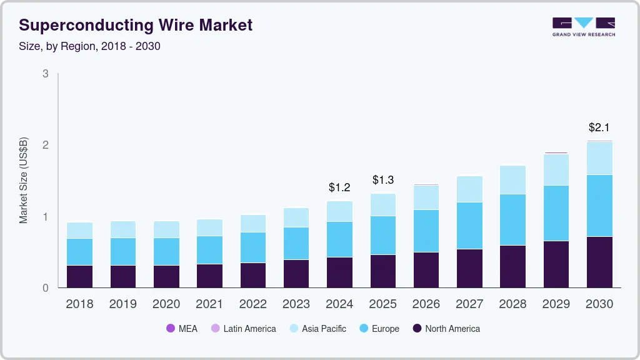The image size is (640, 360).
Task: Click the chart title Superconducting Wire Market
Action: [x=136, y=25]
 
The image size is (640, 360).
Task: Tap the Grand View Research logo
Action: [x=583, y=26]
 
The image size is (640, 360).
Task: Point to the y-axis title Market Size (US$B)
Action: [x=24, y=181]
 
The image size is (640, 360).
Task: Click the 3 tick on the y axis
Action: [x=45, y=74]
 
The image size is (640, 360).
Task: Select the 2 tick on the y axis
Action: [x=45, y=145]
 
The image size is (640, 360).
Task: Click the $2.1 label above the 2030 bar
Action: [x=599, y=127]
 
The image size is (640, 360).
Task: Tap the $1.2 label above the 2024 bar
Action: [x=340, y=187]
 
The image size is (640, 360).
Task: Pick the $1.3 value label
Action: [x=383, y=180]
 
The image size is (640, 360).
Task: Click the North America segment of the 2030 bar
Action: [x=599, y=262]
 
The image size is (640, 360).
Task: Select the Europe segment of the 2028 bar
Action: [x=512, y=219]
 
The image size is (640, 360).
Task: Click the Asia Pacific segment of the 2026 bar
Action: [x=426, y=197]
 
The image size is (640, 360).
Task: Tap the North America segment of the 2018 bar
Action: [x=80, y=276]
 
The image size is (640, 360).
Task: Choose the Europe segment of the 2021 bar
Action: [x=210, y=249]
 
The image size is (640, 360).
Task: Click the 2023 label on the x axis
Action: [x=296, y=304]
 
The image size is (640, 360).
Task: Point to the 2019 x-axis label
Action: [x=123, y=304]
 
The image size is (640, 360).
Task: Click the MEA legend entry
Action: [x=181, y=329]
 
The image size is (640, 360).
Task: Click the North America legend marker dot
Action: [x=417, y=329]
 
